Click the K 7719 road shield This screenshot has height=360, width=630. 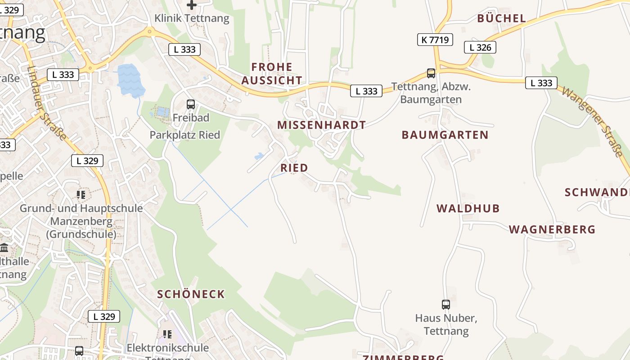pos(435,40)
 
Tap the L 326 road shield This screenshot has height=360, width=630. pos(480,47)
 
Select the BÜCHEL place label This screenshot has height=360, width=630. pos(501,18)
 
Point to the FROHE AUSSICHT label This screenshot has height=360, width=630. pos(272,74)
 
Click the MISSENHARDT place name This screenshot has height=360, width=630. pos(321,125)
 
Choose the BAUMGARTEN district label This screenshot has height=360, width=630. pos(445,135)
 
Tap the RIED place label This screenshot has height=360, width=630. pos(294,168)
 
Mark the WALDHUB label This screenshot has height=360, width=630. pos(468,208)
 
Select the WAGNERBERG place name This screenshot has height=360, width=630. pos(552,229)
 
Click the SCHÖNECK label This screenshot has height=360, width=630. pos(191,294)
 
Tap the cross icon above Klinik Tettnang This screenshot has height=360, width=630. pos(192,5)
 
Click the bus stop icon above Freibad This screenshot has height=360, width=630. pos(191,104)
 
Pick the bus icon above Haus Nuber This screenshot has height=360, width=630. pos(445,305)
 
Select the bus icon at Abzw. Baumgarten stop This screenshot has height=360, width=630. pos(431,73)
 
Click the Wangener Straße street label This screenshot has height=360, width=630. pos(592,122)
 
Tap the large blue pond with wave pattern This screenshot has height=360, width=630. pos(130,80)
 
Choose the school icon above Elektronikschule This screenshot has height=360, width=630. pos(167,334)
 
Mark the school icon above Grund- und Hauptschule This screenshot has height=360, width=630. pos(81,194)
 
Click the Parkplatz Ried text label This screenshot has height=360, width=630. pos(184,135)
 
